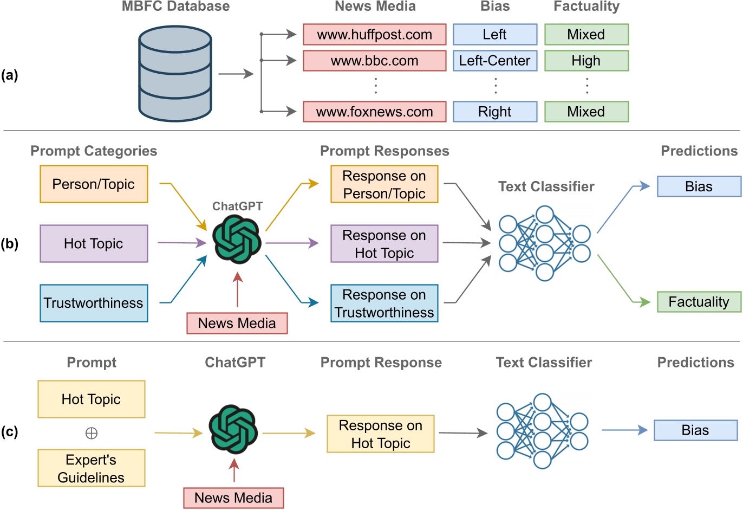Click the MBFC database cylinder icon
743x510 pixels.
click(x=174, y=74)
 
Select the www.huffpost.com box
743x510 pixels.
click(x=374, y=35)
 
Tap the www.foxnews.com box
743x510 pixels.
click(x=374, y=112)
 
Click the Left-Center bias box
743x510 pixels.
click(x=494, y=61)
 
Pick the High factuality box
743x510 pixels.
click(x=586, y=61)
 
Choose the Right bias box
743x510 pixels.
click(x=494, y=112)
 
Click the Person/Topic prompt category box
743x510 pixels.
click(x=94, y=184)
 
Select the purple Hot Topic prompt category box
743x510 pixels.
click(x=94, y=244)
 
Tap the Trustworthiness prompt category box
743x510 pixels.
click(x=94, y=303)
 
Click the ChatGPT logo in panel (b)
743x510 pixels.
click(x=237, y=239)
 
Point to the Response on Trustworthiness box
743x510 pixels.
click(x=384, y=304)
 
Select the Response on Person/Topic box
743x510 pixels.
click(x=384, y=185)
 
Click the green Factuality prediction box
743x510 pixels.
click(x=699, y=302)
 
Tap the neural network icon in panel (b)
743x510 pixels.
click(x=544, y=243)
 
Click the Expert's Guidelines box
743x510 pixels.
click(x=91, y=468)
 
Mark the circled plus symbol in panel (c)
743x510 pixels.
click(x=91, y=433)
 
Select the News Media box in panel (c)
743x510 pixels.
click(x=233, y=498)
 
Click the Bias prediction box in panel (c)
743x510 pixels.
click(x=695, y=430)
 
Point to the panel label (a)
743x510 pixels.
click(x=9, y=75)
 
